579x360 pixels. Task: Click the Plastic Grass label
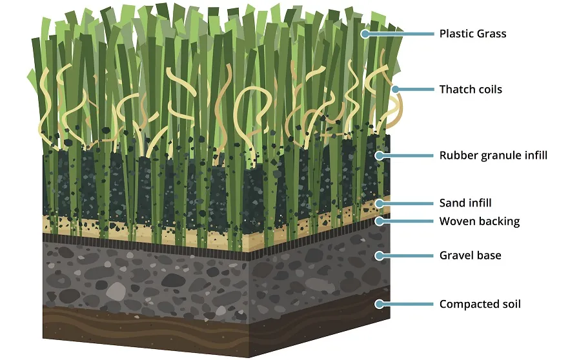pos(472,34)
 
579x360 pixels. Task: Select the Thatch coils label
pos(471,89)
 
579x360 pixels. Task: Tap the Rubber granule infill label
pos(493,155)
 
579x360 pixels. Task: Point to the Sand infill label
pos(465,203)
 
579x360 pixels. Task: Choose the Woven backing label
pos(480,221)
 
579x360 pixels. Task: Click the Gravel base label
pos(470,255)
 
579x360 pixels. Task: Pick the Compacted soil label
pos(480,304)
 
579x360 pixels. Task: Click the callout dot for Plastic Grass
pos(365,34)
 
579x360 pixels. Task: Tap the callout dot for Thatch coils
pos(395,89)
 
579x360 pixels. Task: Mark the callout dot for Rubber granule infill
pos(380,155)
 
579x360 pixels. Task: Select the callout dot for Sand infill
pos(380,203)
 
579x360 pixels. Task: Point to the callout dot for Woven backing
pos(380,221)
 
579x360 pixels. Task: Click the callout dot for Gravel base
pos(380,255)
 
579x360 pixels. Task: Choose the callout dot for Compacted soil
pos(380,304)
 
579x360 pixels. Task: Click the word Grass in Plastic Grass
pos(491,34)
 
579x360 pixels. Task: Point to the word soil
pos(509,304)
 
